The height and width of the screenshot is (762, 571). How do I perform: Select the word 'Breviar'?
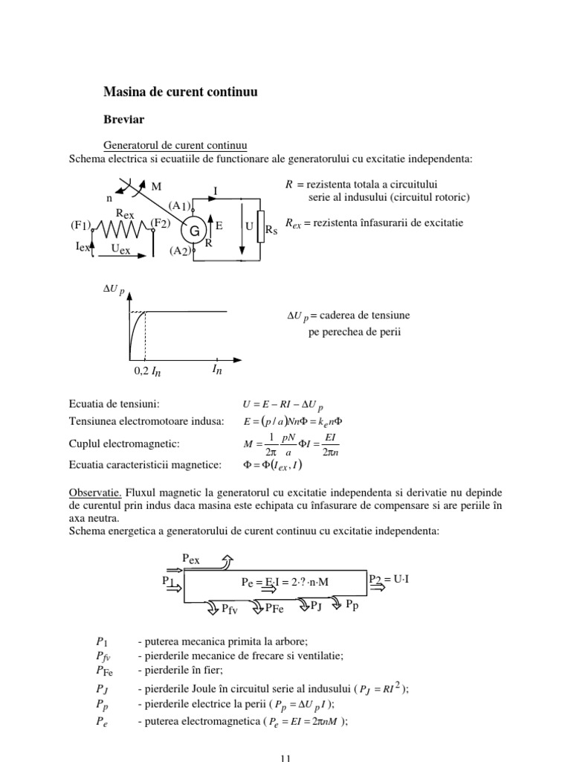[123, 118]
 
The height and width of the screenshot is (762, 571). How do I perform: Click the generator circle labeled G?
[193, 231]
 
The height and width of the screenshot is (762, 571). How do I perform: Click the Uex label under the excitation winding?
[115, 251]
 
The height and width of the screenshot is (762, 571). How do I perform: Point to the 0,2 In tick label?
[147, 371]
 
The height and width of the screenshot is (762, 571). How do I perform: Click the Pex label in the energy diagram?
[192, 558]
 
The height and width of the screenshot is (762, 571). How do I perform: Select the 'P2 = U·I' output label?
[389, 577]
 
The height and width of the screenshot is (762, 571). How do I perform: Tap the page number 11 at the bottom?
[285, 758]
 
